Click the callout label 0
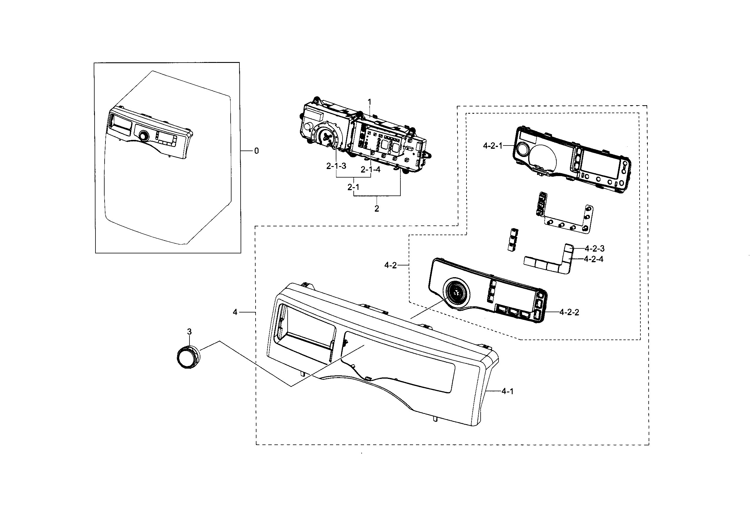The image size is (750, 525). click(x=256, y=151)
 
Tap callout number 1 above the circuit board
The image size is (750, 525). click(x=370, y=102)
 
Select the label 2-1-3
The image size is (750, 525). click(x=336, y=166)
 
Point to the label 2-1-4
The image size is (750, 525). click(x=370, y=169)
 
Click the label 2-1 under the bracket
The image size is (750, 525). click(x=353, y=187)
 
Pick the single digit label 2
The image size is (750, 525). click(x=377, y=209)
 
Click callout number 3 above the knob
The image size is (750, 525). click(x=189, y=332)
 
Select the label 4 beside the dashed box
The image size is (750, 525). click(x=235, y=312)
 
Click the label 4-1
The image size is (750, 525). click(x=507, y=391)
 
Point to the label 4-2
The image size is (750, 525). click(x=390, y=265)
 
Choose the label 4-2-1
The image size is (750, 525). click(x=493, y=146)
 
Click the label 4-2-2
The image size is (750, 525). click(x=569, y=312)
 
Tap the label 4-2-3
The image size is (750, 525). click(x=595, y=248)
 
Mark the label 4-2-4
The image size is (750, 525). click(x=593, y=259)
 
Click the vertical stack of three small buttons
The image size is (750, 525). click(x=511, y=240)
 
